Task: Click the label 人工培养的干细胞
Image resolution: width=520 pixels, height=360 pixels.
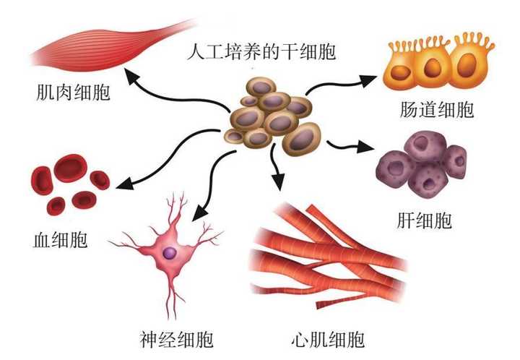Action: click(261, 53)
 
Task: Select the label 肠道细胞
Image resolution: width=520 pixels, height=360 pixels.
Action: click(435, 110)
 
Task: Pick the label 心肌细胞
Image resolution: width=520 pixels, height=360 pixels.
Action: click(327, 338)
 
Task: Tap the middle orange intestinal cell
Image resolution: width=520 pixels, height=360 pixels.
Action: click(432, 69)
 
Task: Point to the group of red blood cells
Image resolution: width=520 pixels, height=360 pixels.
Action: click(69, 185)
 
